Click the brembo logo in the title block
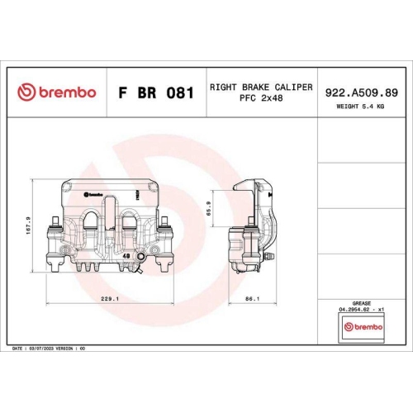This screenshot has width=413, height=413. coord(57,92)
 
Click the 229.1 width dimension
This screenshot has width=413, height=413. coord(111,298)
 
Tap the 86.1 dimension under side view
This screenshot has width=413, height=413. coord(253,298)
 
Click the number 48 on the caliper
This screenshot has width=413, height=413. coord(126,257)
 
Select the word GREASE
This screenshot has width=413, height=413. coord(362,304)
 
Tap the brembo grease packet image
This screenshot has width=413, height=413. coord(362,328)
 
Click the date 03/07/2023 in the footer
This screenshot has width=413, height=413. coord(42,349)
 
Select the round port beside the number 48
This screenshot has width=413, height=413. coord(140,265)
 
